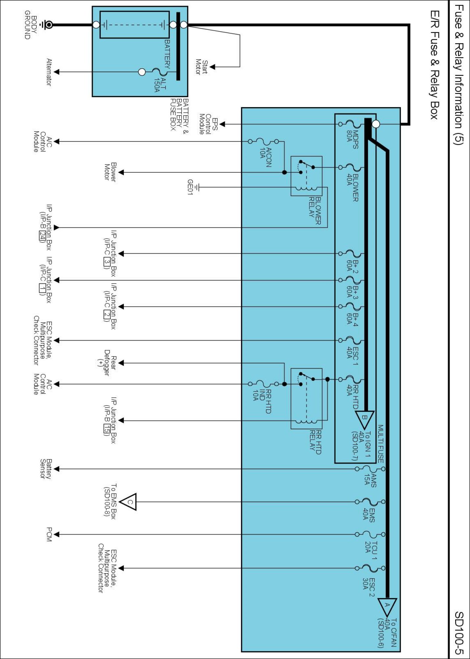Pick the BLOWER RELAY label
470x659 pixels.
tap(315, 211)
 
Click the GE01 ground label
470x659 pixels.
tap(190, 187)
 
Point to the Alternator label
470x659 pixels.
tap(49, 72)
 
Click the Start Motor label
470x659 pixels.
tap(201, 67)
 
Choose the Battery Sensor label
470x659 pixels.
tap(46, 469)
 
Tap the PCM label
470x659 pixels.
tap(49, 534)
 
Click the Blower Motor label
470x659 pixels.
tap(110, 171)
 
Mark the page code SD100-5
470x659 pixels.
tap(459, 633)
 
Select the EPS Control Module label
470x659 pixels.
tap(208, 124)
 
